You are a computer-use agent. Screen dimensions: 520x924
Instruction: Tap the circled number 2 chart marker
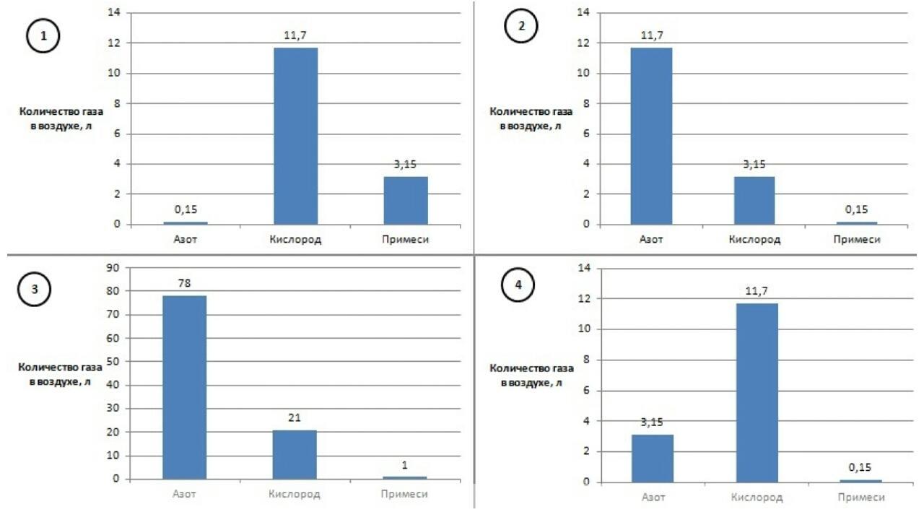522,27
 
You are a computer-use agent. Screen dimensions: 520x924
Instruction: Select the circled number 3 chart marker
33,290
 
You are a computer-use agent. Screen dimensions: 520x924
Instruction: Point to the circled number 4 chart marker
518,285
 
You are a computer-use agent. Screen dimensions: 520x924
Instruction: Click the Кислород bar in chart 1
295,136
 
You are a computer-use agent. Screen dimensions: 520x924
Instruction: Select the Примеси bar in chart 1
406,200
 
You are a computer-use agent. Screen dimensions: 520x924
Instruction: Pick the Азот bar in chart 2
651,136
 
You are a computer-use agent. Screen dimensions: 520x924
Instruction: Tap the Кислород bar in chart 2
754,200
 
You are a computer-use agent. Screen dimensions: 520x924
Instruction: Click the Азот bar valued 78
184,387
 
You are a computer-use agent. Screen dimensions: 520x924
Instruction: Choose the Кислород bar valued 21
295,454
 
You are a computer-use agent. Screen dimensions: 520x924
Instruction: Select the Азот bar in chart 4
652,458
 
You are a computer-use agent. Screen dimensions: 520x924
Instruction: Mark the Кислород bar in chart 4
757,393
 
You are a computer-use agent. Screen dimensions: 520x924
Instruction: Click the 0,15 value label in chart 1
186,209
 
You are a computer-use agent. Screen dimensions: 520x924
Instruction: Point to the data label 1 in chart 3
405,465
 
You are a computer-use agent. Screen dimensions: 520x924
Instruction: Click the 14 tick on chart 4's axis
585,268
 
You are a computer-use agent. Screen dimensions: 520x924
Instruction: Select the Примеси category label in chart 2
857,239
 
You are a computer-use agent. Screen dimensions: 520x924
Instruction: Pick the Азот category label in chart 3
184,494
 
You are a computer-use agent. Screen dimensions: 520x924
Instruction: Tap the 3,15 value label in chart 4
652,422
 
